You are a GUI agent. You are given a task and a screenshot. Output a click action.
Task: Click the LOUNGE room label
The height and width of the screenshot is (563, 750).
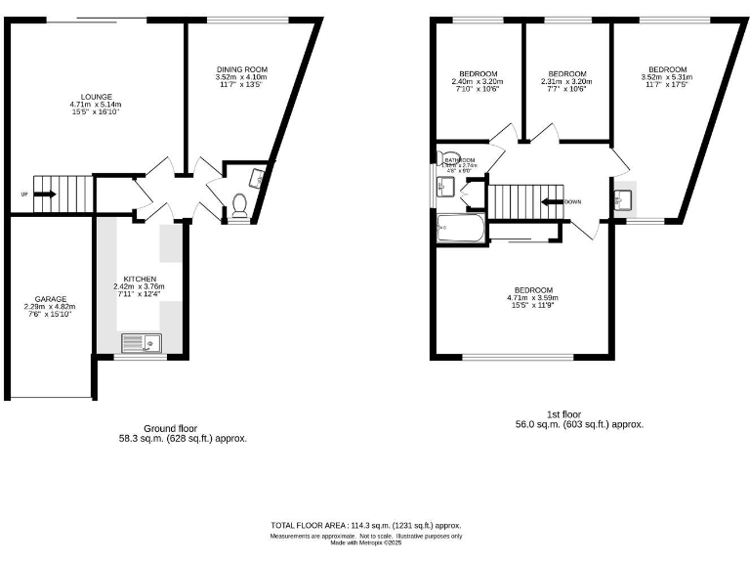(x=97, y=104)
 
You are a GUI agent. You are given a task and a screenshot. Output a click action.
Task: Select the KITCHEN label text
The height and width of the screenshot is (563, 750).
(x=140, y=284)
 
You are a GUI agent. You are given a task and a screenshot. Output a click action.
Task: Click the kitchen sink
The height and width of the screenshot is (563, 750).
(x=143, y=342)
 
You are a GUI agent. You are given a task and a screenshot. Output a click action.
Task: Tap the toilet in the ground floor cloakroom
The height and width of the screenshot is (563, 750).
(x=238, y=205)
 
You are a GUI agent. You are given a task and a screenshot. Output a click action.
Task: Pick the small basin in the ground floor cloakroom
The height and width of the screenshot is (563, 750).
(x=258, y=177)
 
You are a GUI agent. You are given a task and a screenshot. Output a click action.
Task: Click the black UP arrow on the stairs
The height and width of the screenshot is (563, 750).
(x=43, y=194)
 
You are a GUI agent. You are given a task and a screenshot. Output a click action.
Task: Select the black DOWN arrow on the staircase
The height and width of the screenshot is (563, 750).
(x=553, y=202)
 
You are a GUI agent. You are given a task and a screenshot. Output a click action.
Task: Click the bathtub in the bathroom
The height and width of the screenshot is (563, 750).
(x=461, y=229)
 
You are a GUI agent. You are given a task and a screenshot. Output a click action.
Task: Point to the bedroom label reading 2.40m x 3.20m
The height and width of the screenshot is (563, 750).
(x=479, y=80)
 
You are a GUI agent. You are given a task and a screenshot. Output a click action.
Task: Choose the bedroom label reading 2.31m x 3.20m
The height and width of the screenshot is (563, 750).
(x=566, y=80)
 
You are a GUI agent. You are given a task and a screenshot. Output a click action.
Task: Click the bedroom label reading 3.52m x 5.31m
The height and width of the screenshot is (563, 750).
(x=667, y=76)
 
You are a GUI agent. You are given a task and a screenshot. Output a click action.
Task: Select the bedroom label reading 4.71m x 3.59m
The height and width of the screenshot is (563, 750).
(x=534, y=296)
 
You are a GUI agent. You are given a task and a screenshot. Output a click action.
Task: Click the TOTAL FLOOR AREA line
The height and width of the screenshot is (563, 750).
(x=366, y=526)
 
